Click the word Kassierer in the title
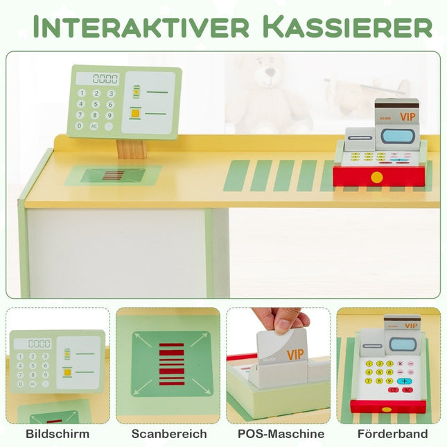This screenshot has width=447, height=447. tap(349, 27)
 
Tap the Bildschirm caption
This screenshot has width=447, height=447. tap(58, 434)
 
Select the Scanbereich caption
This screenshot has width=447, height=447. tap(169, 434)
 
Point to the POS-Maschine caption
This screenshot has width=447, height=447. tap(281, 434)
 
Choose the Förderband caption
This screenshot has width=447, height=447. tap(392, 434)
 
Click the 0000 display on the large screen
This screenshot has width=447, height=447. tap(105, 79)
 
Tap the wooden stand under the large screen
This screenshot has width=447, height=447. tap(132, 148)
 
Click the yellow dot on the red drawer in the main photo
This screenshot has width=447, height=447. tap(376, 177)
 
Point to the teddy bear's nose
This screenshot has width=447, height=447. tap(270, 72)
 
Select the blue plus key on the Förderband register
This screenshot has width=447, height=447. tap(405, 381)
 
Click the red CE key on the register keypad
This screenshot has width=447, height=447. tap(394, 390)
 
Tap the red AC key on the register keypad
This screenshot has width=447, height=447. tap(407, 390)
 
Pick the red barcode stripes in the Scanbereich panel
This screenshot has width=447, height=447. tap(171, 365)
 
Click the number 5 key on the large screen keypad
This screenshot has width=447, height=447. tap(96, 104)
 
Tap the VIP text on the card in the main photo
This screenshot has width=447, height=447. tap(407, 116)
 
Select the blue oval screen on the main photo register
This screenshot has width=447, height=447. tap(396, 137)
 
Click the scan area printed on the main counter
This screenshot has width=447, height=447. tap(113, 175)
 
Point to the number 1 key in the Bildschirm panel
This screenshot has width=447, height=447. tap(20, 356)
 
